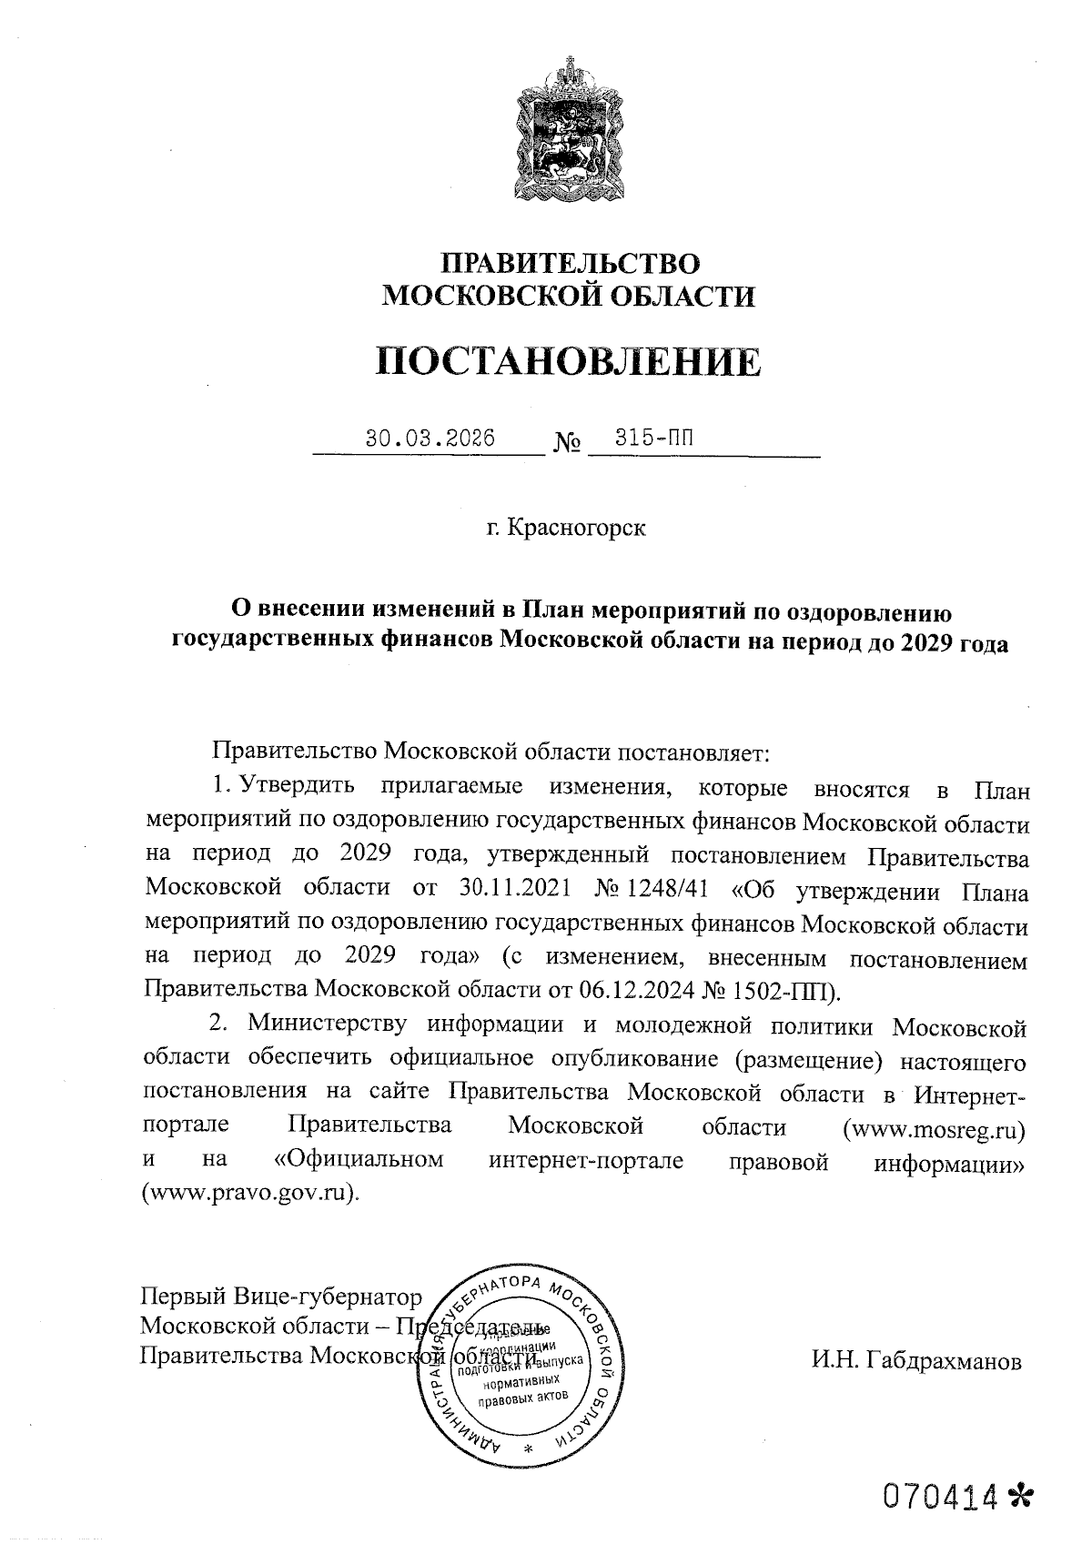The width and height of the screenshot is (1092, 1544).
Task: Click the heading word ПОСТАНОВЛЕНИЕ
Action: pos(569,362)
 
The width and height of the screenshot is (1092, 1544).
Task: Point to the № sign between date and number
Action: pos(567,444)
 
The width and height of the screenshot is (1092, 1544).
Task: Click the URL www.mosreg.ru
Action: pos(935,1127)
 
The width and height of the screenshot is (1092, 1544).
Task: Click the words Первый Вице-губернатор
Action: pos(281,1296)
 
